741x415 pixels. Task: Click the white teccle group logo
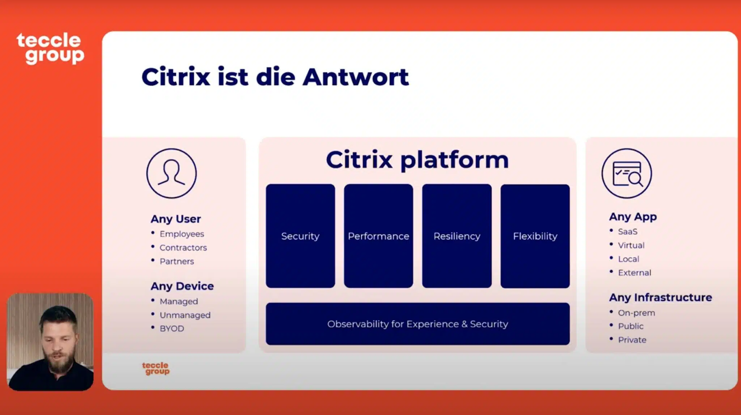pos(50,49)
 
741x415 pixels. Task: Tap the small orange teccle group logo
pos(156,368)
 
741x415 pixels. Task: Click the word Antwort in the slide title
pos(356,77)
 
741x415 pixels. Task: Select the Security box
pos(300,236)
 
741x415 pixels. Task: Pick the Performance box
pos(378,236)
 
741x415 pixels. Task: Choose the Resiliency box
pos(457,236)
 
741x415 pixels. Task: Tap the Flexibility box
pos(535,236)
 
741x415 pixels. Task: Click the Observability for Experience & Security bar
pos(418,324)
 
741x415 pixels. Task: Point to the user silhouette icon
pos(172,173)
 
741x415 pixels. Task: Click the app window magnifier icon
pos(627,173)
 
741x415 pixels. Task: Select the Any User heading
pos(176,219)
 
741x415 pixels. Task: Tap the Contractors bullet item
pos(183,248)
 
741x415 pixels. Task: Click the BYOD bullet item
pos(172,328)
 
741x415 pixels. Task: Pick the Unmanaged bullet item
pos(185,315)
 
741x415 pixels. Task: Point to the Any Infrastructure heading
pos(661,297)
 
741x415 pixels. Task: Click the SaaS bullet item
pos(628,231)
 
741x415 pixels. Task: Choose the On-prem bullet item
pos(636,313)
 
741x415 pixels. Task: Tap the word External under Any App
pos(635,273)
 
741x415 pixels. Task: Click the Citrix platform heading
pos(417,160)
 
